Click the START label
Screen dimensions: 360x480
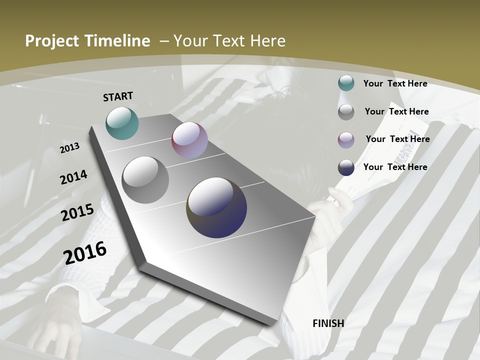pos(118,96)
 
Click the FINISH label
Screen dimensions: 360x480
pos(328,323)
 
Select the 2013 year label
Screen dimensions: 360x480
pos(69,148)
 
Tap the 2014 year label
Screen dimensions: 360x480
pos(73,177)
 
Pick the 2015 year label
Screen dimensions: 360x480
pos(77,212)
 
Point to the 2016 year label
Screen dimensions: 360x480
pos(85,252)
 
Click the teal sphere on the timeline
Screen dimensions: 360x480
pos(122,123)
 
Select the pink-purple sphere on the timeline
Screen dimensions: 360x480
pos(189,140)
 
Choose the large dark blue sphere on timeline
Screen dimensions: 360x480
pos(216,207)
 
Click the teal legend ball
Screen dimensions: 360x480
pos(346,83)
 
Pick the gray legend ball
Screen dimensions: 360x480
pos(346,111)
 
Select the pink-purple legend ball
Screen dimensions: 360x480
pos(346,139)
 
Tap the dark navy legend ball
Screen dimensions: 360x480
pos(346,167)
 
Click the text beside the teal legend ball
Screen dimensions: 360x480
pos(395,83)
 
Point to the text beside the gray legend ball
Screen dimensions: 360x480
pos(396,111)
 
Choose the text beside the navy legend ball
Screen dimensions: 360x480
pos(395,167)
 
